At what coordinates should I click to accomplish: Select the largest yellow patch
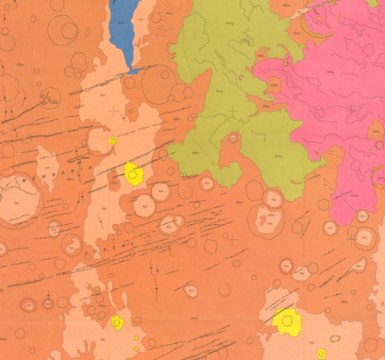288,321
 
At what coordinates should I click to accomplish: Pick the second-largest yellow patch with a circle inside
133,173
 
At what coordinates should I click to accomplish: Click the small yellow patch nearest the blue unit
112,141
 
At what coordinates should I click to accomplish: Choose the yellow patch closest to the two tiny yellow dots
117,322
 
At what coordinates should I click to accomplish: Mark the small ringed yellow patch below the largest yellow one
321,353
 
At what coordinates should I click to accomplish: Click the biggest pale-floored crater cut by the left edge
19,199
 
